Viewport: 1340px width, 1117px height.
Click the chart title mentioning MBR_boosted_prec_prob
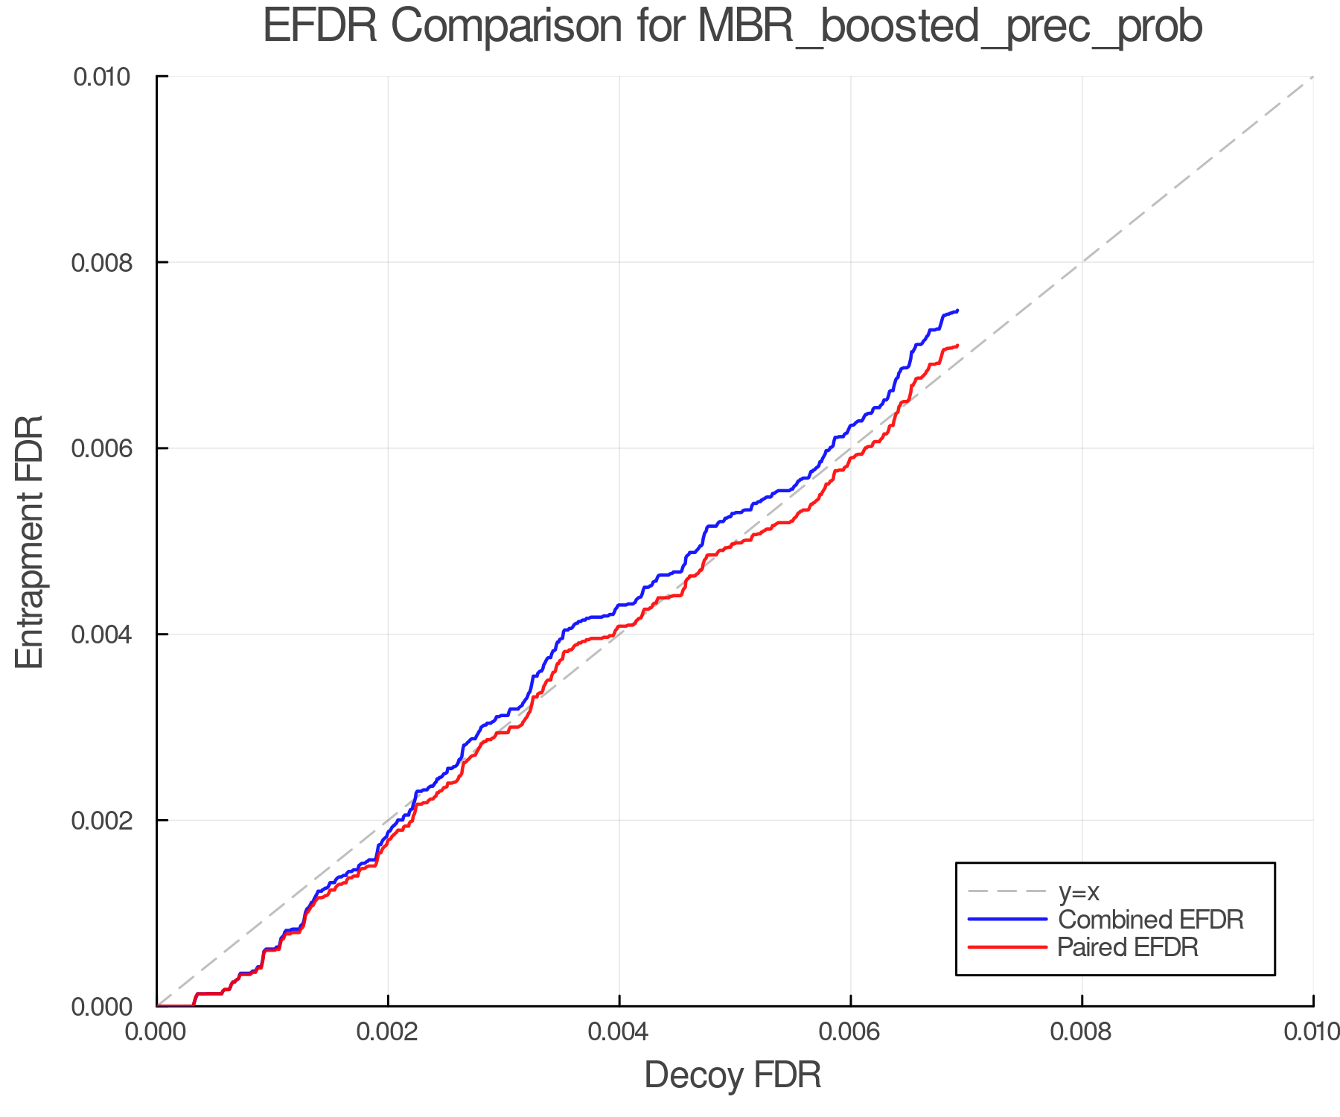733,27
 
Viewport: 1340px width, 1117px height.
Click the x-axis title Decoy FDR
733,1075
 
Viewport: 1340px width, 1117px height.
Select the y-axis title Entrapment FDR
31,541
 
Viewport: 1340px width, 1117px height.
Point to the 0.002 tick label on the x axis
387,1031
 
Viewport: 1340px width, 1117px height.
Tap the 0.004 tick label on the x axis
619,1031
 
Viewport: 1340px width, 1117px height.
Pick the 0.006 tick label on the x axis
850,1031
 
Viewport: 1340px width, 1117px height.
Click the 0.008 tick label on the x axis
1082,1031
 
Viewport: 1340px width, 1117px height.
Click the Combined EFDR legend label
1151,920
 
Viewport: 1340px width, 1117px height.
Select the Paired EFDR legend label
1128,947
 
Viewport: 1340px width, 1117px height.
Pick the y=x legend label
1079,892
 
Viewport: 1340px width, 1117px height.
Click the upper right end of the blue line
957,311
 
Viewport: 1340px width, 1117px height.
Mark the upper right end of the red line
957,346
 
